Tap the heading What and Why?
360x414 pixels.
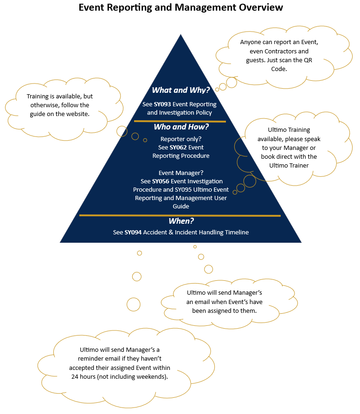coord(181,90)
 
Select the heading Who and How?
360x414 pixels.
coord(181,127)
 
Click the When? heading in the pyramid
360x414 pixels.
coord(181,221)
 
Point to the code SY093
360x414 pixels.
coord(162,104)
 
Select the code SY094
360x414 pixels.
coord(133,232)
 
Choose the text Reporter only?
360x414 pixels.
coord(181,139)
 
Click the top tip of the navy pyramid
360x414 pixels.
coord(180,35)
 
